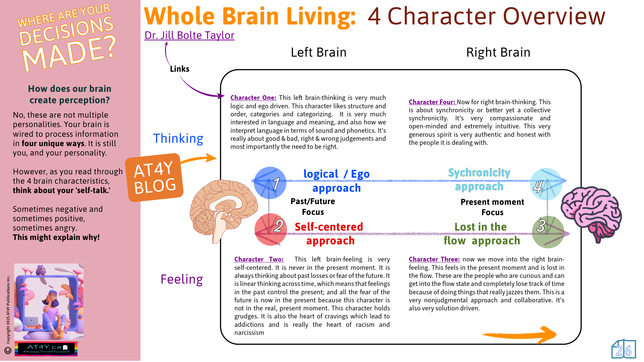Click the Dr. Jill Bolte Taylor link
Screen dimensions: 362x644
(x=189, y=35)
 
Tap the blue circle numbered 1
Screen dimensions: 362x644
(x=270, y=183)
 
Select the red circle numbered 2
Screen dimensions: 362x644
(x=271, y=229)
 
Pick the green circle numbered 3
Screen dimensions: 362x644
(x=548, y=232)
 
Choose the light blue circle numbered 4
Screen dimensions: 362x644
(x=546, y=184)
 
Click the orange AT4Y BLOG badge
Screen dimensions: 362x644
(x=154, y=177)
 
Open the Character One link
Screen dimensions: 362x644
(x=253, y=98)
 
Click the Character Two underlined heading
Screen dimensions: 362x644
(x=259, y=259)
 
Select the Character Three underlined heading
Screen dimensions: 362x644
(x=434, y=259)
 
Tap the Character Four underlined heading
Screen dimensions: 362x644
(x=432, y=102)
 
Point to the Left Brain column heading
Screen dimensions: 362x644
(x=318, y=52)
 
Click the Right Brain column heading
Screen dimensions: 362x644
(x=498, y=52)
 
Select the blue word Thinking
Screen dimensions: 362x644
(x=178, y=138)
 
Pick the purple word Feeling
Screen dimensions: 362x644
(x=181, y=279)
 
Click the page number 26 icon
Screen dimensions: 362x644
(x=624, y=350)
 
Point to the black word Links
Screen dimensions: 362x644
(x=179, y=69)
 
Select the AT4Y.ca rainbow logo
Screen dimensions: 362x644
(x=46, y=349)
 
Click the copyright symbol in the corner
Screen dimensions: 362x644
(x=8, y=351)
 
